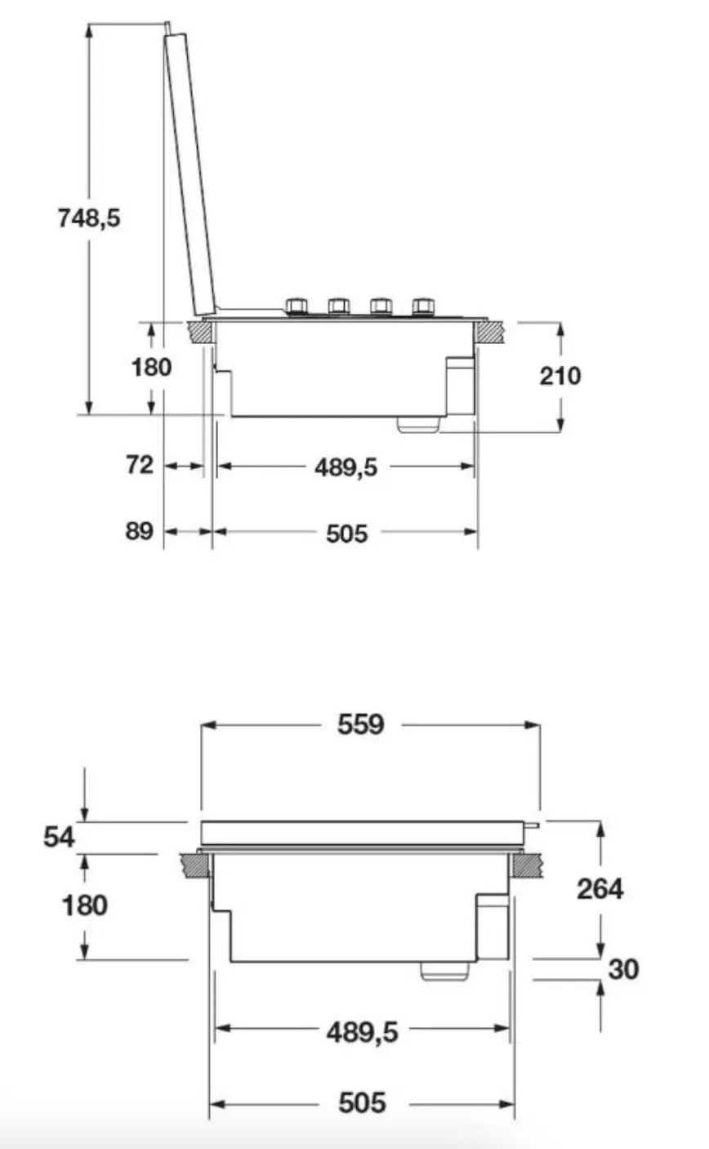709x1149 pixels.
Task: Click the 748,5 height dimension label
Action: [89, 217]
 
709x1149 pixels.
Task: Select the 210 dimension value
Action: [560, 376]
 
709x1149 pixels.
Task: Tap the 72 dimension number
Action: [140, 465]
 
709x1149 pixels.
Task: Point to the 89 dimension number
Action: [139, 531]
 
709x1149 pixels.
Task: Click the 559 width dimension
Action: [360, 724]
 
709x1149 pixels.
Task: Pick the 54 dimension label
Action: [59, 837]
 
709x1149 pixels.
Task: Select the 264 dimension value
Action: [600, 888]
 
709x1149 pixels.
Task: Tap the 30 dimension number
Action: [623, 968]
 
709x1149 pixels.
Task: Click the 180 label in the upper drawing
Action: [151, 367]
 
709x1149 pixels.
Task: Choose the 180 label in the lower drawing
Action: [85, 905]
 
